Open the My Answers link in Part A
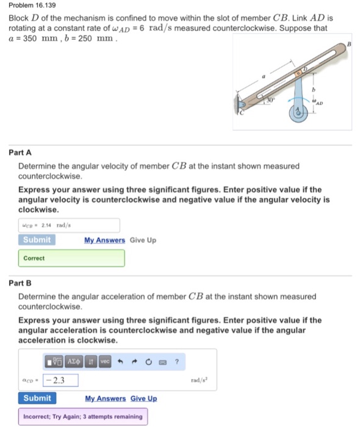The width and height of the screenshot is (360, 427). [x=104, y=240]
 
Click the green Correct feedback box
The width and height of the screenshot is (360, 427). [x=71, y=258]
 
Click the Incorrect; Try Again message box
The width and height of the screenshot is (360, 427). [x=82, y=417]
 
